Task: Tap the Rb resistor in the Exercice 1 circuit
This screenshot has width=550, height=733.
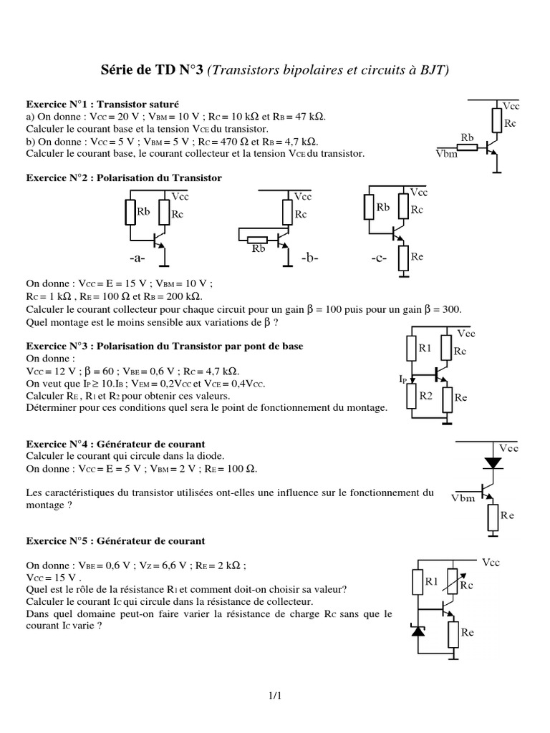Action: (x=468, y=147)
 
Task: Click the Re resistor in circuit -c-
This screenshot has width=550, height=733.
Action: (x=405, y=256)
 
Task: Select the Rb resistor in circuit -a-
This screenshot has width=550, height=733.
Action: (x=130, y=212)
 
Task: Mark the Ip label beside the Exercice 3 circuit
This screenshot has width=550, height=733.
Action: (x=404, y=378)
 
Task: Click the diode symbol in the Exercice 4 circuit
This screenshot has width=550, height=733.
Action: (x=492, y=462)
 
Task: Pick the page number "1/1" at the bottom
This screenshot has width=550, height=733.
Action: (x=275, y=694)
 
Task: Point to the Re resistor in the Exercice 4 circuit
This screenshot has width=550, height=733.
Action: (x=492, y=516)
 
